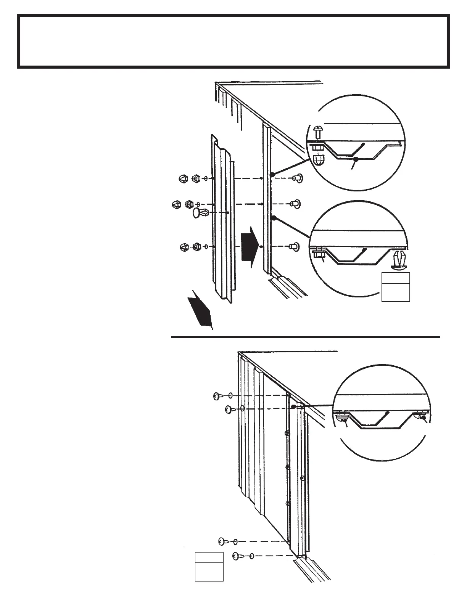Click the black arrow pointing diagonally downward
[201, 310]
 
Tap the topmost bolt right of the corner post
[296, 178]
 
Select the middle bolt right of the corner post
[295, 204]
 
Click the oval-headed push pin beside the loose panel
[198, 213]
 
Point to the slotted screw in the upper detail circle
[317, 133]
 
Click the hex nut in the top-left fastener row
[196, 178]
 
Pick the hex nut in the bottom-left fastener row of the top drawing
[196, 247]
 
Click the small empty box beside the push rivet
[396, 287]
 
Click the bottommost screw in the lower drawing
[238, 556]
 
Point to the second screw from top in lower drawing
[229, 409]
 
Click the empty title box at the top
[233, 41]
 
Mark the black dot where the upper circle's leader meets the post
[272, 174]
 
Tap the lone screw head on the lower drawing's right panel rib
[302, 477]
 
